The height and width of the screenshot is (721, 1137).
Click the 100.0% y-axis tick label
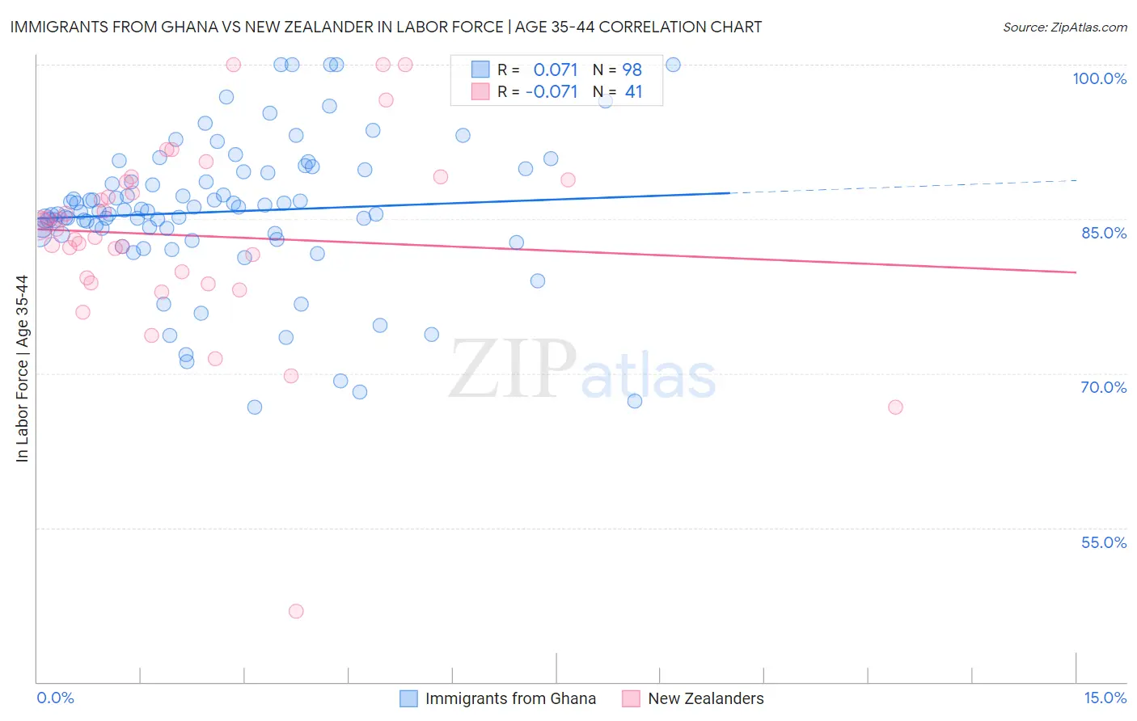1099,78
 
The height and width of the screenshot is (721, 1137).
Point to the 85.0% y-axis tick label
1103,233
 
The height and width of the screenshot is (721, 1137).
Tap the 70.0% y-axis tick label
1103,387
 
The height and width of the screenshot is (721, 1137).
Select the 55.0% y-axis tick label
1103,542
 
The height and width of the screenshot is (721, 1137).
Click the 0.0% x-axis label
55,698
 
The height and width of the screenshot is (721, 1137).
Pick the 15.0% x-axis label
1105,698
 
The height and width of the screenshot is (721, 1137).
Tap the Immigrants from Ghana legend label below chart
510,698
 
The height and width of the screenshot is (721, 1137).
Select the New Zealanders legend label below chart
705,698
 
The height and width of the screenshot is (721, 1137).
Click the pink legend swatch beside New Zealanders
631,698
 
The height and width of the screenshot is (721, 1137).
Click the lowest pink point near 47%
296,611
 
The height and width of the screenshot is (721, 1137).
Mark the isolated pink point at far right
895,407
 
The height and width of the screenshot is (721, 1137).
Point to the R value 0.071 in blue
556,70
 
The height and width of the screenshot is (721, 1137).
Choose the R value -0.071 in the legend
552,92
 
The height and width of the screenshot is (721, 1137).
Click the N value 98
632,70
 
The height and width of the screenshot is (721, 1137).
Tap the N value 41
633,92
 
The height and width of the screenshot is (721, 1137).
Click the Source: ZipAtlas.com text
1064,27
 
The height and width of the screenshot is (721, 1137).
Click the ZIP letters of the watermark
513,369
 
